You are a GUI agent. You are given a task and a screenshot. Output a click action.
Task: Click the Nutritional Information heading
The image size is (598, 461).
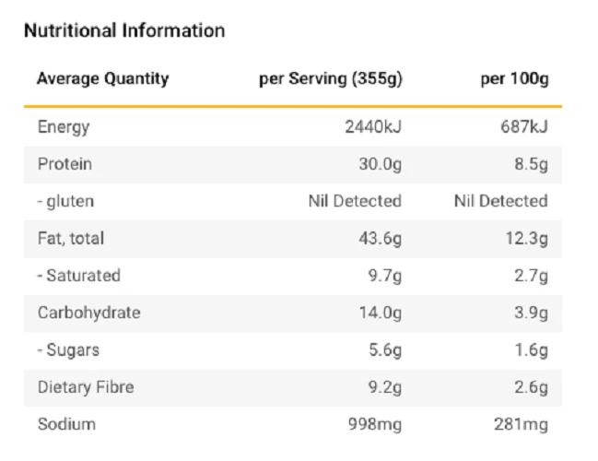click(124, 30)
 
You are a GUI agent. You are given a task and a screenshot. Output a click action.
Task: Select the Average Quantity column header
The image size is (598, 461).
click(103, 78)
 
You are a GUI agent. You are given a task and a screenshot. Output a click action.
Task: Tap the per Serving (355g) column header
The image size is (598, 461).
click(331, 78)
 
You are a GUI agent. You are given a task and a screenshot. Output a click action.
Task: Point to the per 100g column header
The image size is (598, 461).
click(514, 78)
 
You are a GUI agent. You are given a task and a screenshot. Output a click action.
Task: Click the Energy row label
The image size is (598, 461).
click(64, 126)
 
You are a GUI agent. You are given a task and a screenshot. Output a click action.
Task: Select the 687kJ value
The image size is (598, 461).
click(523, 126)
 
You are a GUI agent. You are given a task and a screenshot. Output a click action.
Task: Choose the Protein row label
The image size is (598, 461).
click(64, 164)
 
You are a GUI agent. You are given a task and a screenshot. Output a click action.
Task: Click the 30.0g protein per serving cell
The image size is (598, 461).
click(380, 164)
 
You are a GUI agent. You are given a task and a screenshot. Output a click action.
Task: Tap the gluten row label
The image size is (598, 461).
click(65, 201)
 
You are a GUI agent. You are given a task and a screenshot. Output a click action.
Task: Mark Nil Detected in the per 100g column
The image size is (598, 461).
click(500, 201)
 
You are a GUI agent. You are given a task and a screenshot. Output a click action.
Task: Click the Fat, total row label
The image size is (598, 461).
click(71, 238)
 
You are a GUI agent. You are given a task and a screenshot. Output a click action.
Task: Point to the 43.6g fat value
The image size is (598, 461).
click(380, 238)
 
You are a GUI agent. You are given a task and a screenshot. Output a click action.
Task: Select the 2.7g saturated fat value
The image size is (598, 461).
click(531, 276)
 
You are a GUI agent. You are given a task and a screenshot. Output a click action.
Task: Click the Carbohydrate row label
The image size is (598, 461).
click(89, 313)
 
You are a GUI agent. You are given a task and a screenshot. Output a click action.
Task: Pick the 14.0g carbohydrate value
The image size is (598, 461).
click(380, 313)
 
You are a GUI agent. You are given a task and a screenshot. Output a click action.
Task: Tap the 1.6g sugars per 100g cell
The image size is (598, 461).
click(531, 350)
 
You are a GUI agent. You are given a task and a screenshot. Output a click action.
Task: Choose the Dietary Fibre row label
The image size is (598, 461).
click(86, 387)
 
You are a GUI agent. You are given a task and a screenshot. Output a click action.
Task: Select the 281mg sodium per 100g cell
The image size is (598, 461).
click(521, 424)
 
